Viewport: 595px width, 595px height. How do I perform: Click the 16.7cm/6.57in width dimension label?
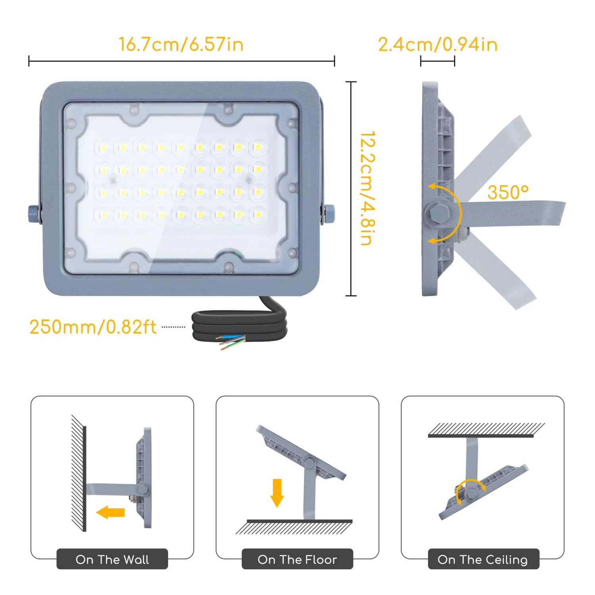[181, 44]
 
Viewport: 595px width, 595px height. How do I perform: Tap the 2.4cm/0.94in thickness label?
[438, 44]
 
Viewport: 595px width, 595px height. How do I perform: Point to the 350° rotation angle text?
[508, 192]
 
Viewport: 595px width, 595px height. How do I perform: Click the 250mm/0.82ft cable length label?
[93, 327]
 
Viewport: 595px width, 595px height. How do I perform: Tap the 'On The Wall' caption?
[112, 559]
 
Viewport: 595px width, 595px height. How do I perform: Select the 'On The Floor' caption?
[297, 559]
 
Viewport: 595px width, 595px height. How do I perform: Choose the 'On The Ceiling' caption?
[483, 559]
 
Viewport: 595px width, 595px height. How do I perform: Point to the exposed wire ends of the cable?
[231, 342]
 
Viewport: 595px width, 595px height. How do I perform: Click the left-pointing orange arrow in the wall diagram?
[111, 512]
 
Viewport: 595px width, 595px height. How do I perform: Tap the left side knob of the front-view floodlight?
[34, 214]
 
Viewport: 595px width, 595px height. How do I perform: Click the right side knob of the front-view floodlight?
[328, 214]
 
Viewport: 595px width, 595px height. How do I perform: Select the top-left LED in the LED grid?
[104, 148]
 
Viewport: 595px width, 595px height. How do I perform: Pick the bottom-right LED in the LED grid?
[257, 215]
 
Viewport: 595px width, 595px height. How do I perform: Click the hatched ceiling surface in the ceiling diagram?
[486, 430]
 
